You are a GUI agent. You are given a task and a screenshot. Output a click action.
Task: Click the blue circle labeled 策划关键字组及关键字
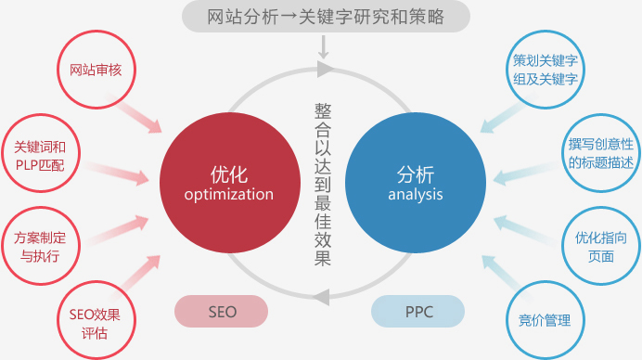(x=546, y=70)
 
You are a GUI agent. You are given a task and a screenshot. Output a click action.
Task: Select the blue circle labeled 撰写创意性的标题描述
(x=600, y=153)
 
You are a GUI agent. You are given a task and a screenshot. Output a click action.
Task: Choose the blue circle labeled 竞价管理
(x=545, y=320)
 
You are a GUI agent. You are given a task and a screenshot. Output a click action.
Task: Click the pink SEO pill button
(x=222, y=312)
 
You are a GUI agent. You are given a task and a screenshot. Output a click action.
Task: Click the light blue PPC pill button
(x=418, y=312)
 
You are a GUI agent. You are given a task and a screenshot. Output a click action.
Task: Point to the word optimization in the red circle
(x=228, y=195)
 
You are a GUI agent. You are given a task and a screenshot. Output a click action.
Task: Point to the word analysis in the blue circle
(x=415, y=195)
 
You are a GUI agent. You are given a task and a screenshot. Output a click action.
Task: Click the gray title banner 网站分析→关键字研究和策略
(x=325, y=16)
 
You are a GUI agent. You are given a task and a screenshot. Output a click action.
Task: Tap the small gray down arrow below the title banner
(x=324, y=45)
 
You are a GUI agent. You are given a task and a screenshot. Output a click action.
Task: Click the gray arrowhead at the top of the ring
(x=323, y=70)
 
